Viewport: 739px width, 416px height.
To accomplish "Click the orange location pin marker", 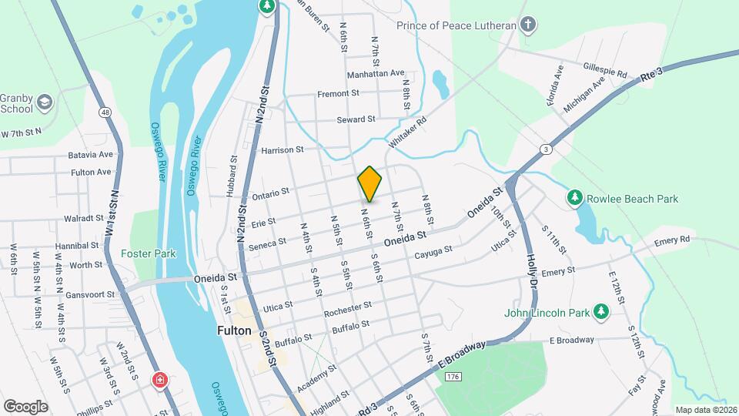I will pyautogui.click(x=369, y=184).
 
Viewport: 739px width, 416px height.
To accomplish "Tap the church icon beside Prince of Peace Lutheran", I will pyautogui.click(x=527, y=25).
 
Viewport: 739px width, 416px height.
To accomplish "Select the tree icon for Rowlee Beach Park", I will pyautogui.click(x=574, y=199).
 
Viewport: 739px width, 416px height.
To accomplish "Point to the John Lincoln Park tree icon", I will pyautogui.click(x=600, y=313).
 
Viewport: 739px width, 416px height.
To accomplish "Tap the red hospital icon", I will pyautogui.click(x=159, y=380).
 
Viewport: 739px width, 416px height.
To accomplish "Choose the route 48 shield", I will pyautogui.click(x=105, y=112).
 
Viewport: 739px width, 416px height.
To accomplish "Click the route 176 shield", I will pyautogui.click(x=453, y=376).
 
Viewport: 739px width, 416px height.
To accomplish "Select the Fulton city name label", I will pyautogui.click(x=234, y=330).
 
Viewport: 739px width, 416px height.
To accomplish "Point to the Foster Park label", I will pyautogui.click(x=149, y=253).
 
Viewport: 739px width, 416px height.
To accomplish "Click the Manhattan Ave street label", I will pyautogui.click(x=376, y=74).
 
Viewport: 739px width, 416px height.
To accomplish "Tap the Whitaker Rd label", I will pyautogui.click(x=407, y=133).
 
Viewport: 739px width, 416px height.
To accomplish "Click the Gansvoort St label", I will pyautogui.click(x=89, y=294).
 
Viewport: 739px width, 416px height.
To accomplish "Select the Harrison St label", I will pyautogui.click(x=283, y=150).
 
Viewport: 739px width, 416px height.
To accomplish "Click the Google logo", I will pyautogui.click(x=25, y=406).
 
